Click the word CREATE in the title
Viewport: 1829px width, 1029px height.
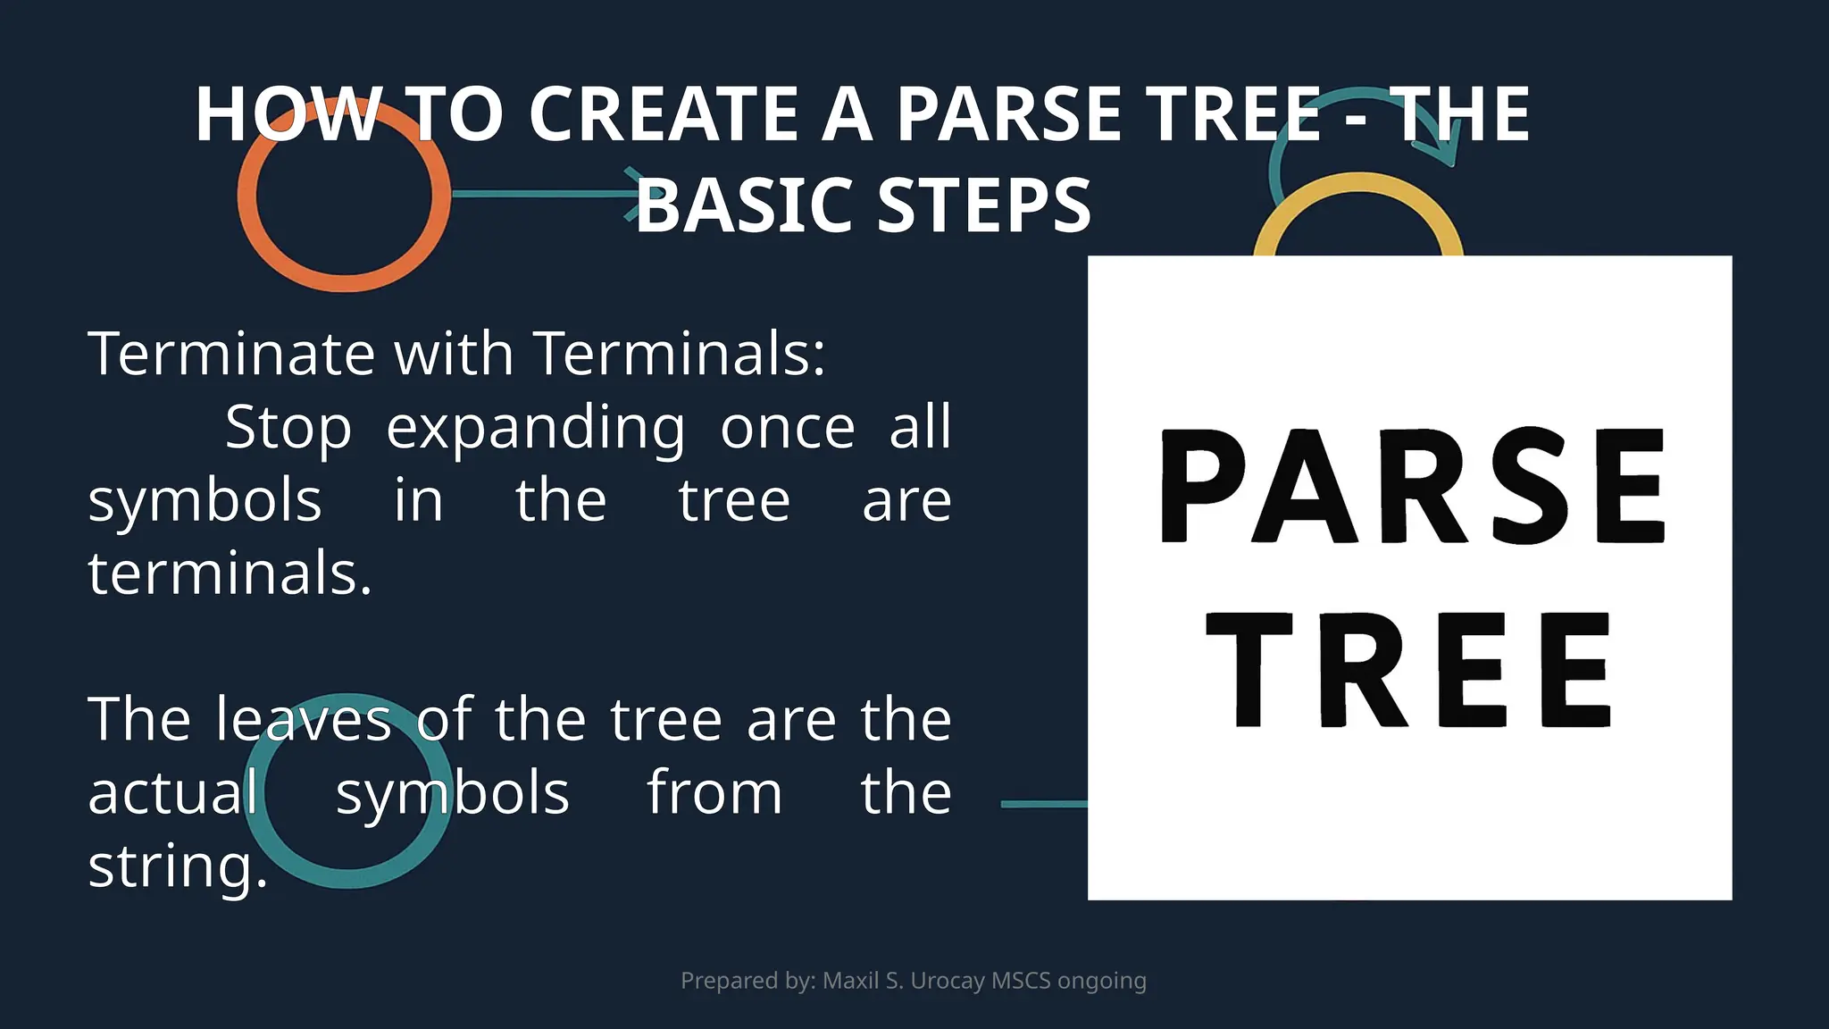tap(663, 114)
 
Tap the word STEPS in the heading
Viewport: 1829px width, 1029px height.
tap(984, 205)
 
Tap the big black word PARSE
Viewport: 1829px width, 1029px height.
tap(1411, 487)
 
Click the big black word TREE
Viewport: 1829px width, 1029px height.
tap(1409, 672)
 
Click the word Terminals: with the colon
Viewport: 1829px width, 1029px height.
tap(679, 354)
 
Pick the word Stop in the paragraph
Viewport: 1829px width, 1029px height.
tap(288, 427)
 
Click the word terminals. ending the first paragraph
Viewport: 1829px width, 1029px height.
tap(230, 573)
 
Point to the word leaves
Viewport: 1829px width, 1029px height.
tap(304, 720)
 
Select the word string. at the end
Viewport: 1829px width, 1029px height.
tap(178, 866)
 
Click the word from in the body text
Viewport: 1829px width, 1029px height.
tap(714, 793)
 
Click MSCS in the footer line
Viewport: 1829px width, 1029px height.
tap(1021, 981)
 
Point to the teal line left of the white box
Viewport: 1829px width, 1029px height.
tap(1043, 804)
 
